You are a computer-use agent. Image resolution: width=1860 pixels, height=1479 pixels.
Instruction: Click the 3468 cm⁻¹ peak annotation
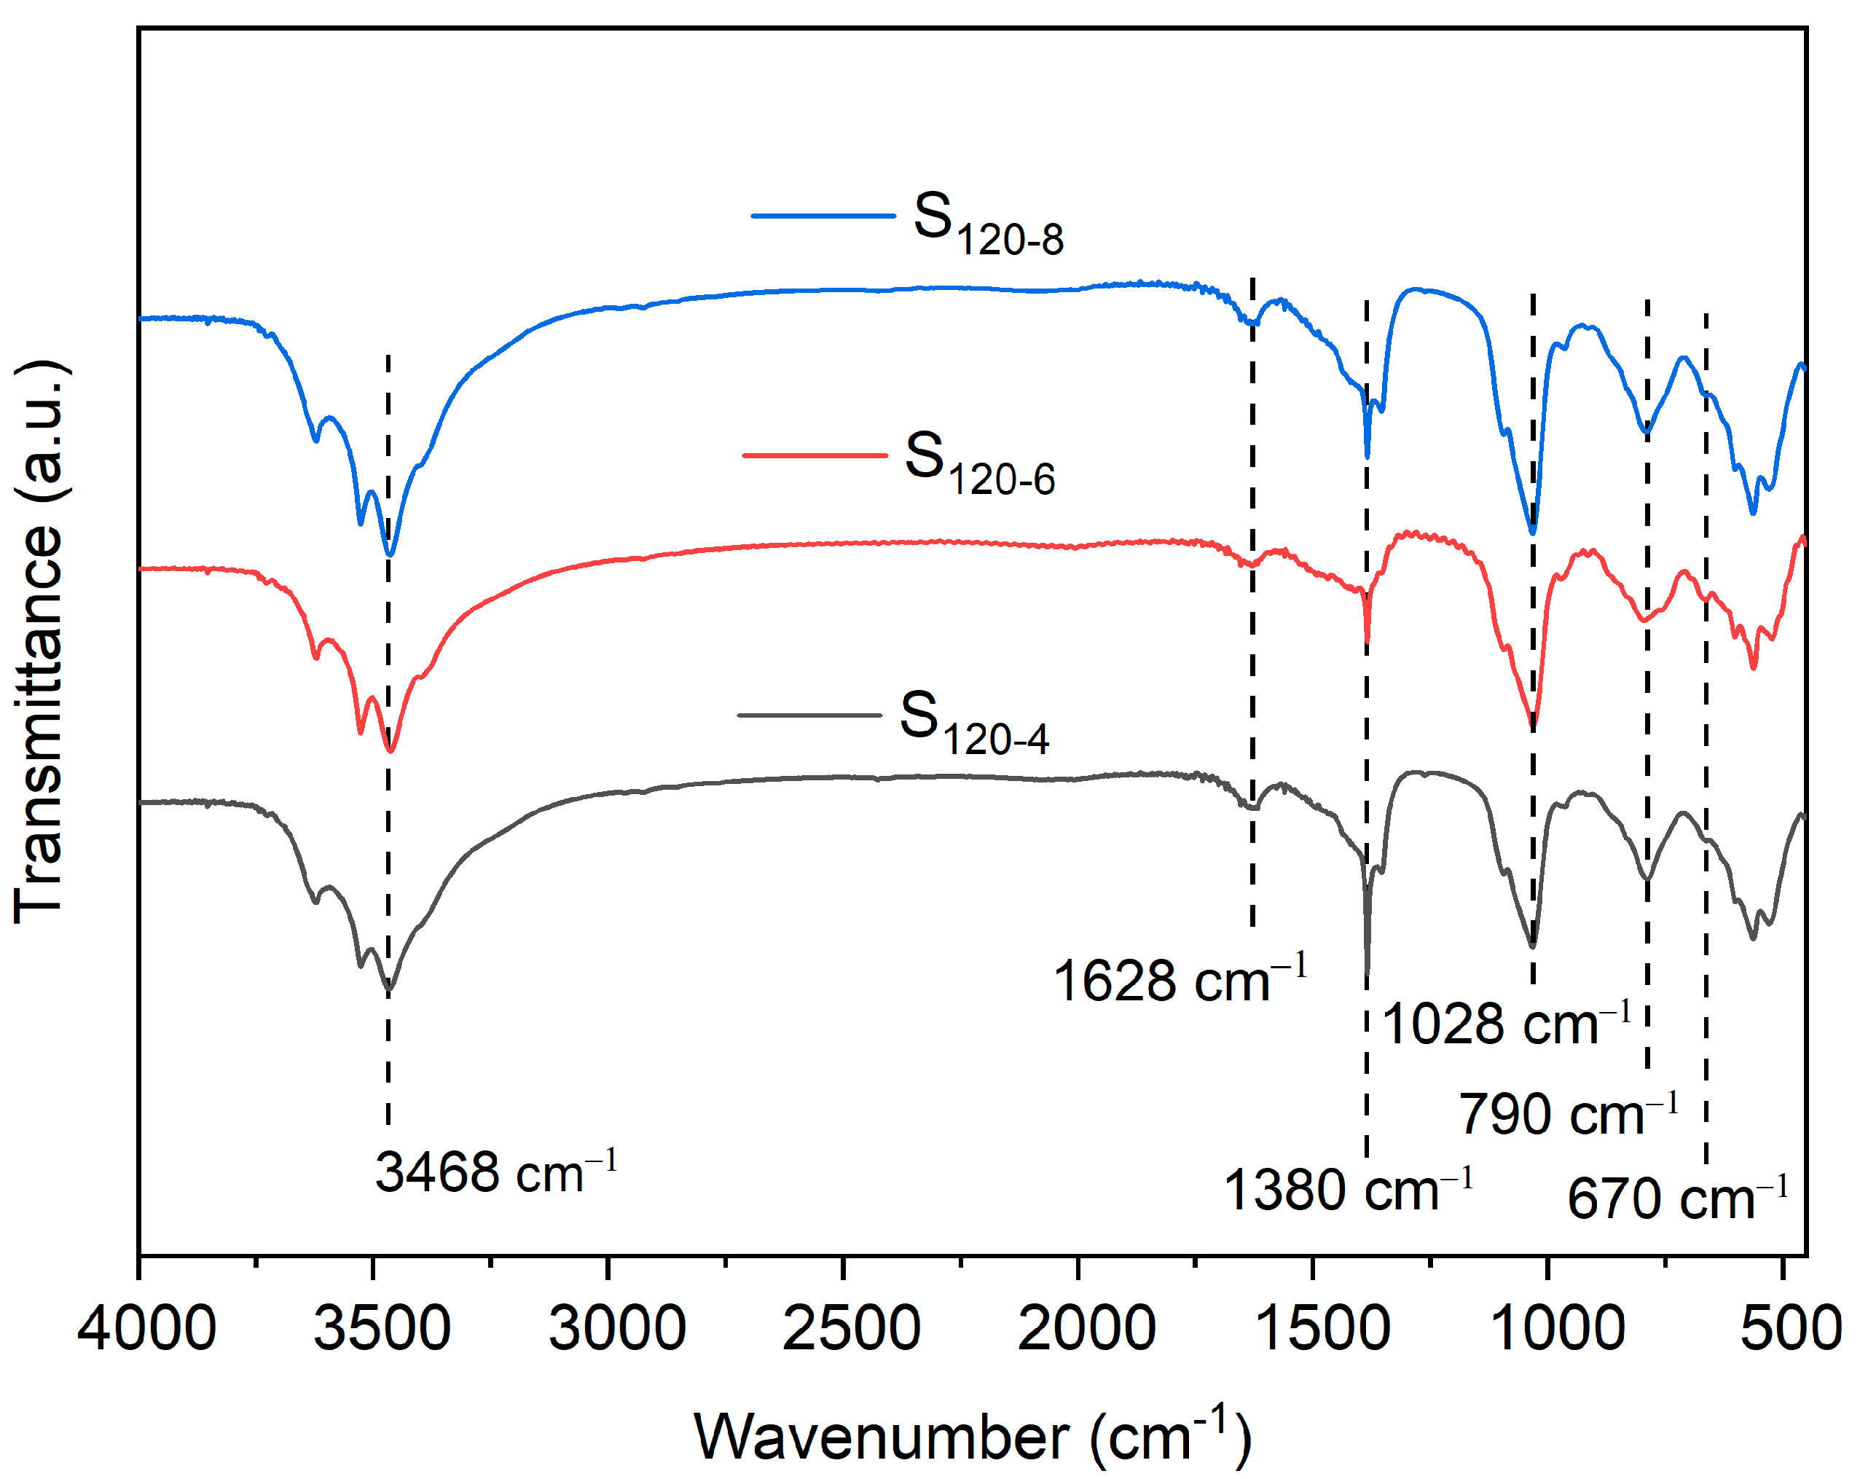[495, 1172]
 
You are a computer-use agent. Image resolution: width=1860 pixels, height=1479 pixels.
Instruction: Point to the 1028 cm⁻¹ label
[1505, 1024]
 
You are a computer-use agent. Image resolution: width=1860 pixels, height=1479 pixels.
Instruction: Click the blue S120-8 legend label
[988, 224]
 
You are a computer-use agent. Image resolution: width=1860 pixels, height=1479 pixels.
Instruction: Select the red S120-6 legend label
[979, 463]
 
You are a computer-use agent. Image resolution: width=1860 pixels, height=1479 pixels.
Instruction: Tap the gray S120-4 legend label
[974, 722]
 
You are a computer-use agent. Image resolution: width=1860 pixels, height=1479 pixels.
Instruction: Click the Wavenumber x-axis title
[973, 1437]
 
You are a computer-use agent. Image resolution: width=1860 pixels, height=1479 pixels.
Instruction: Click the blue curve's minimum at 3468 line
[389, 556]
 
